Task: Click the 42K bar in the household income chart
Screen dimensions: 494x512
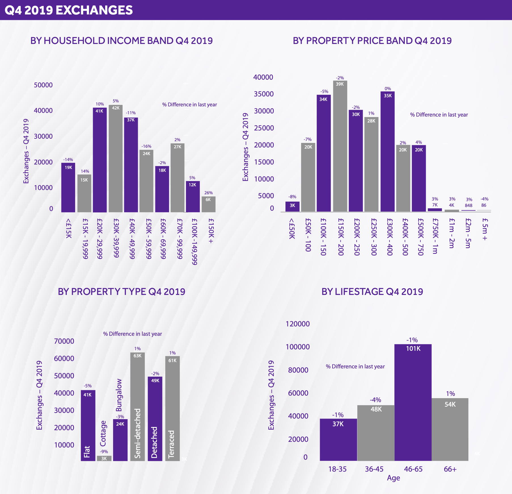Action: pos(116,159)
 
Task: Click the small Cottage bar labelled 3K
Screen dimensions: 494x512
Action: pos(104,458)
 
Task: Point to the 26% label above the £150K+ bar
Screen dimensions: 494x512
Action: pos(208,193)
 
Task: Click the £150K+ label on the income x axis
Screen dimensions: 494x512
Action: pos(211,231)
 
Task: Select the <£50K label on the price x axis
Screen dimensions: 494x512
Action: pos(292,229)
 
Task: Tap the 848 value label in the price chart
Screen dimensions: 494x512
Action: pos(469,205)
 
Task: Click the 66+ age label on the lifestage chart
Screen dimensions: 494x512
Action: pos(450,469)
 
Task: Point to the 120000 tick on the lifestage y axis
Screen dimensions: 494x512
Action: pos(298,324)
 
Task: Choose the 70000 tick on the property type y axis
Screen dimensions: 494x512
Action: pos(64,341)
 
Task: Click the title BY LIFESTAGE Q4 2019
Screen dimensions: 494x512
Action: pos(372,292)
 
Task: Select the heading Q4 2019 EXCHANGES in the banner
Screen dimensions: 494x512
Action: pos(69,10)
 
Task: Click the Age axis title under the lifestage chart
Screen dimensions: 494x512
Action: pos(393,478)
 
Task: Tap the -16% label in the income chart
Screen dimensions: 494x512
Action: pos(146,146)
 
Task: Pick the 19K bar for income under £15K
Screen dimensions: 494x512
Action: pos(68,187)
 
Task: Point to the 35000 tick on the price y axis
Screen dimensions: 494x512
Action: pos(264,94)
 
